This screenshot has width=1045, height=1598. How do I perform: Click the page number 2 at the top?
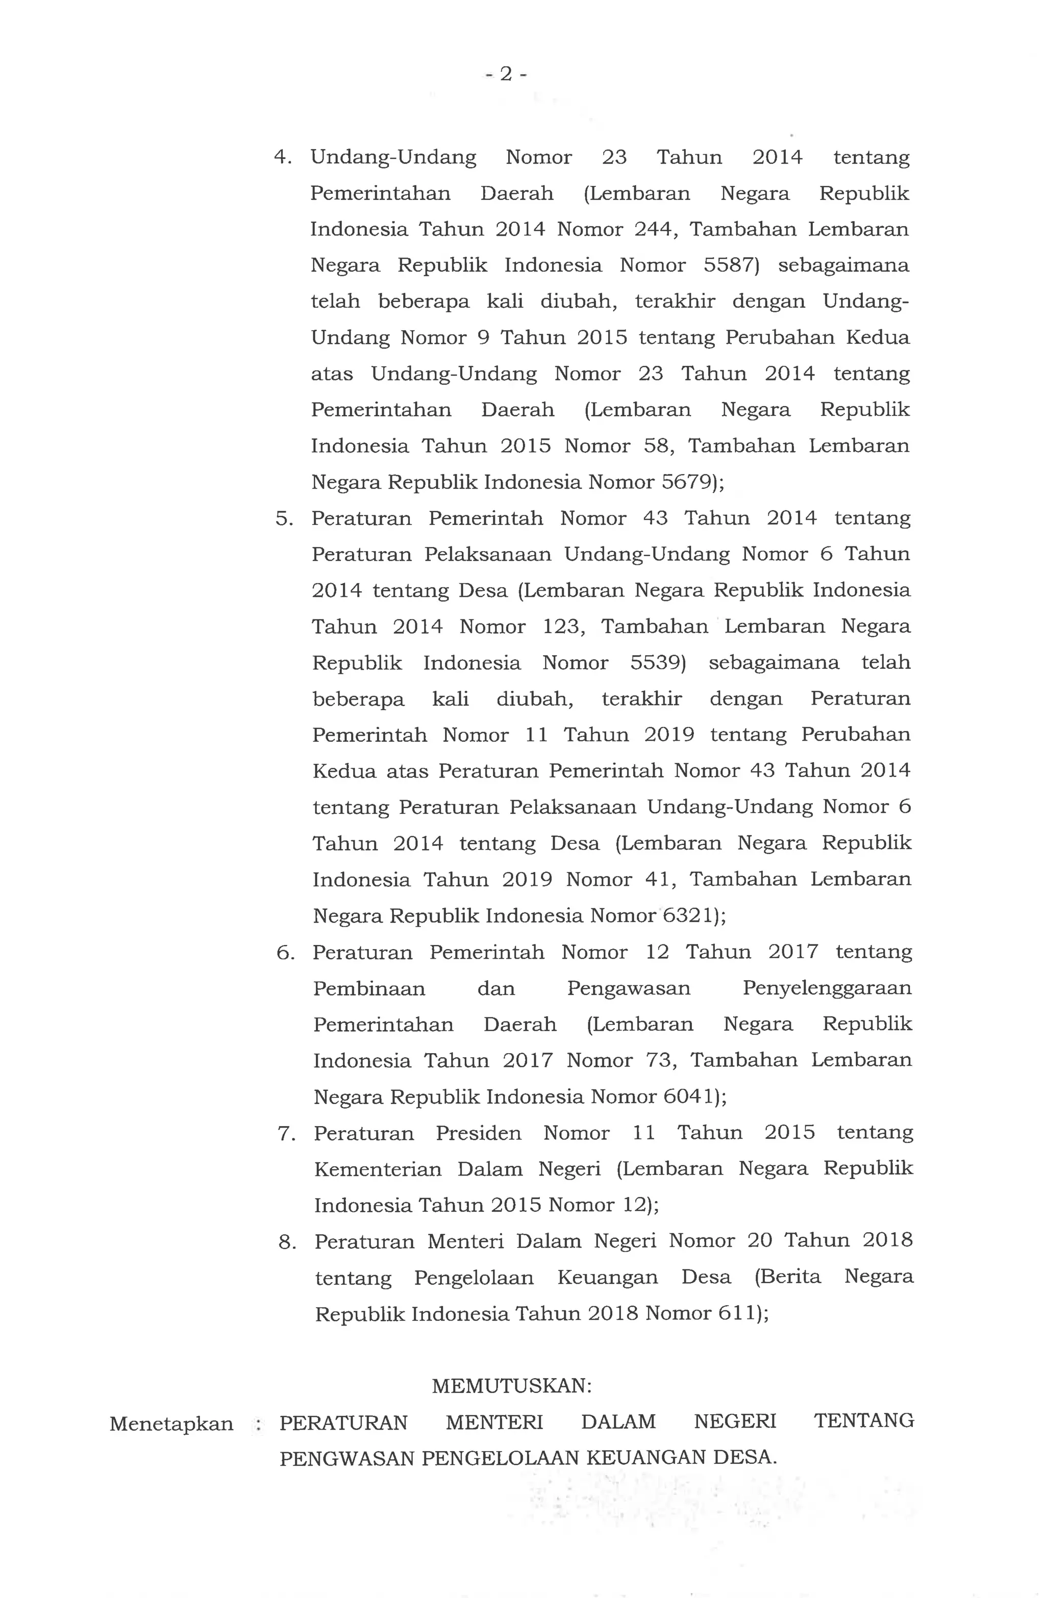point(506,74)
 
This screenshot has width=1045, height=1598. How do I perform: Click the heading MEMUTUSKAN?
point(512,1386)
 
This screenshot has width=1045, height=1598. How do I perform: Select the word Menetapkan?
point(171,1424)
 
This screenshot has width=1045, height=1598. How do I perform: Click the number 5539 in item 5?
point(656,663)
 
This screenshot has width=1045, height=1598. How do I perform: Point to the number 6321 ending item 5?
point(688,916)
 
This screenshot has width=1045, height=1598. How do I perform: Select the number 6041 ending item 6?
point(688,1096)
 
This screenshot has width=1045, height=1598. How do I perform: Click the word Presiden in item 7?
point(478,1133)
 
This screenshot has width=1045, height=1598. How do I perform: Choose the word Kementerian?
point(378,1169)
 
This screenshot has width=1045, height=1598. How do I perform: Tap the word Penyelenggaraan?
point(827,988)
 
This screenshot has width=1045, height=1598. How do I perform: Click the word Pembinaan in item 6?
point(369,989)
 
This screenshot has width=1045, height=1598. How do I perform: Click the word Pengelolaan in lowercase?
point(474,1278)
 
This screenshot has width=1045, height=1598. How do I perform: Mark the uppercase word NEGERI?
point(735,1422)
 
